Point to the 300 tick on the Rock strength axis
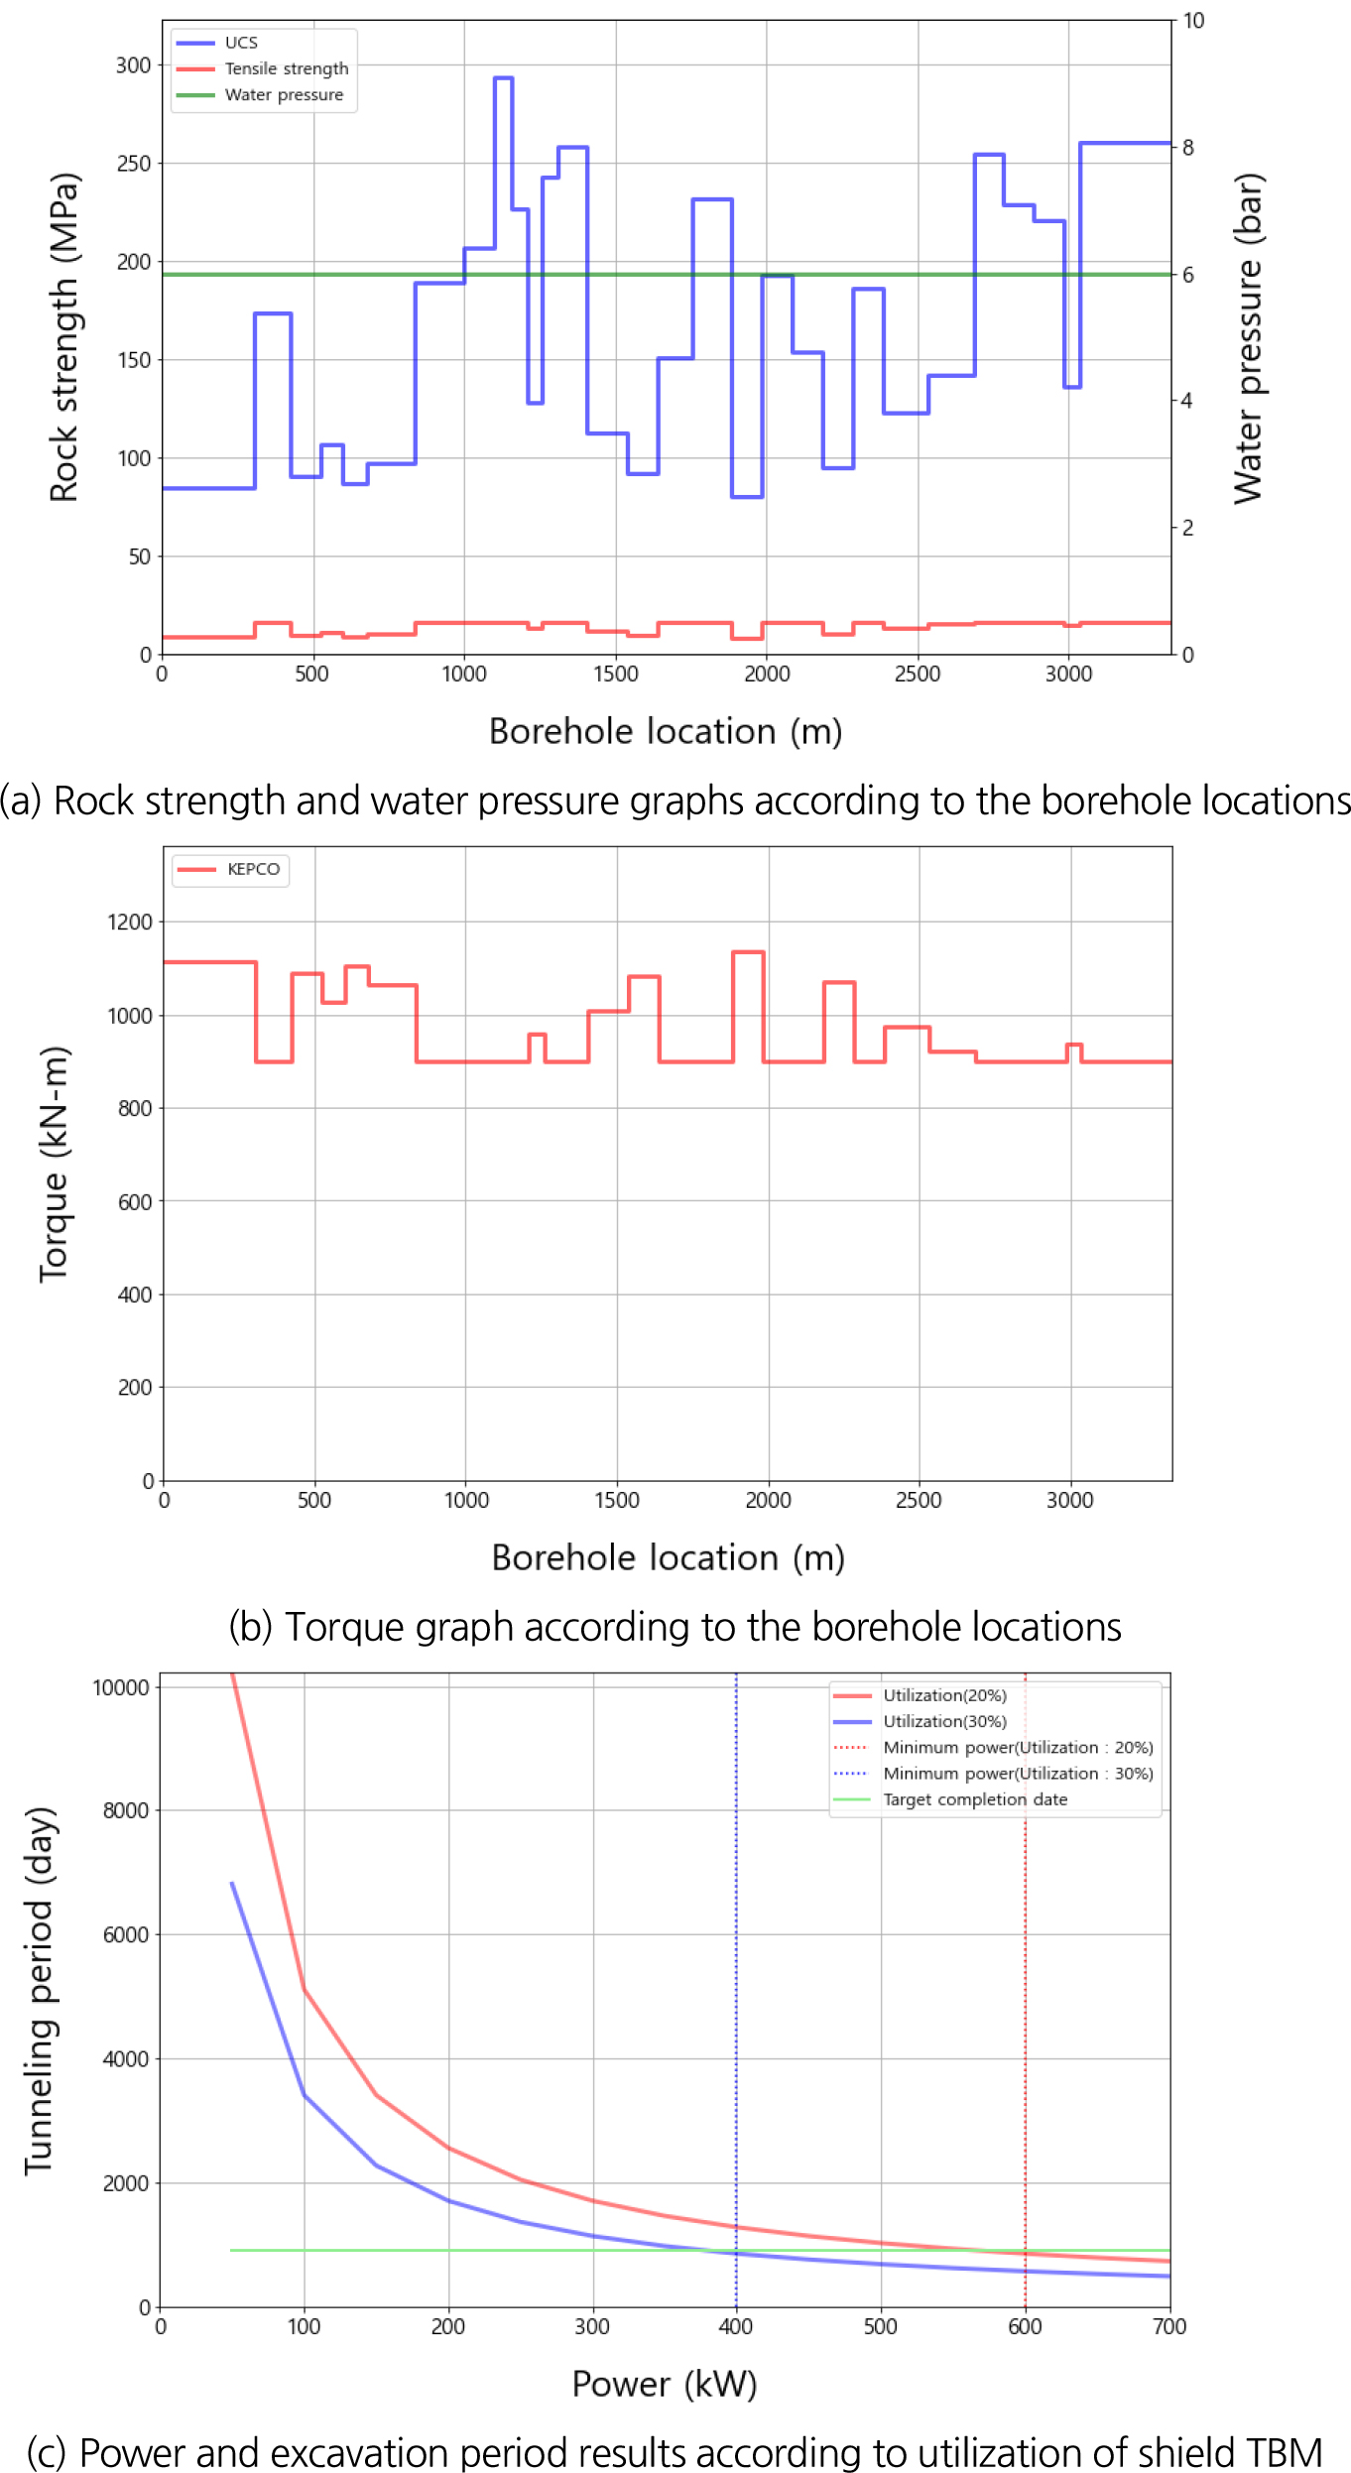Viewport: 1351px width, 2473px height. tap(133, 65)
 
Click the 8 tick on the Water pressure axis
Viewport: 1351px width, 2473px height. tap(1187, 148)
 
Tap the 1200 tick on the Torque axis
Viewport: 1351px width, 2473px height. tap(129, 923)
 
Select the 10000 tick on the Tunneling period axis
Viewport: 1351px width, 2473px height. tap(120, 1688)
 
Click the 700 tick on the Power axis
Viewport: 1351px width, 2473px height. tap(1169, 2327)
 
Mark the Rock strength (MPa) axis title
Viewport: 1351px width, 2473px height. tap(63, 337)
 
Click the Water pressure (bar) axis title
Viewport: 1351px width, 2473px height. tap(1248, 337)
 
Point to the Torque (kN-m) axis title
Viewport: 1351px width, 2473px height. tap(54, 1164)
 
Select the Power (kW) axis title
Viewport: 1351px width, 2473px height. tap(665, 2384)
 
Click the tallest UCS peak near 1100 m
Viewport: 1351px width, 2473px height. tap(503, 77)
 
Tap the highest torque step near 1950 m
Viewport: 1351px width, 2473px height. tap(748, 952)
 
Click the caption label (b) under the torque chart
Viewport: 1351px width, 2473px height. tap(250, 1627)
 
